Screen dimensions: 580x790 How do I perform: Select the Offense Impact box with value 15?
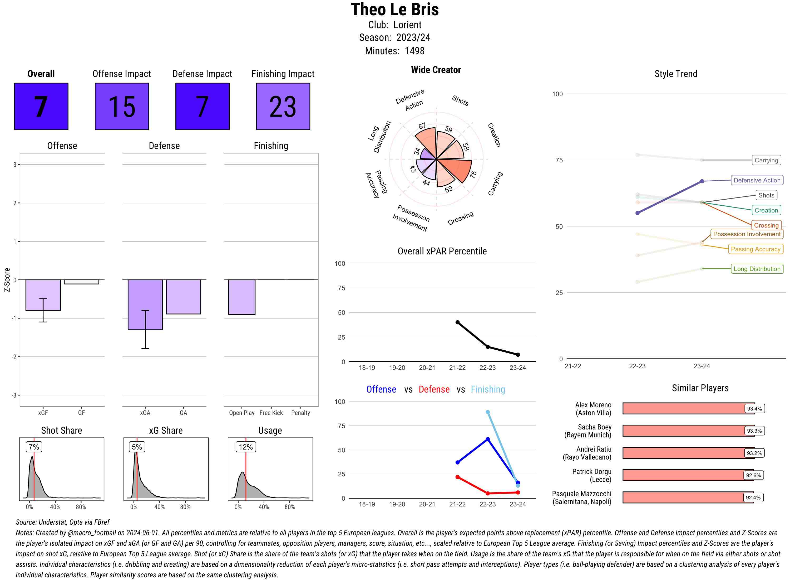[122, 107]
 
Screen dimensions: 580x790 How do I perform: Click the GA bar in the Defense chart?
[183, 297]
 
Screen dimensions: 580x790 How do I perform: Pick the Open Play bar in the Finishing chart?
[241, 297]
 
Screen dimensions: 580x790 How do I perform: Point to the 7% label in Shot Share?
[34, 447]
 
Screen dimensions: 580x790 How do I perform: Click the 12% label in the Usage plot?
[245, 447]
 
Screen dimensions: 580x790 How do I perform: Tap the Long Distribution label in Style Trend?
[757, 269]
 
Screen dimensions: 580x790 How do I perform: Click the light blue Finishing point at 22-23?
[487, 412]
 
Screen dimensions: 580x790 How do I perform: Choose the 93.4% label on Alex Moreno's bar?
[754, 409]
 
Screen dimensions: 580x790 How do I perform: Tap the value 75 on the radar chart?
[473, 174]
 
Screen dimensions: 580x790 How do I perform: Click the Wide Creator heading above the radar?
[436, 70]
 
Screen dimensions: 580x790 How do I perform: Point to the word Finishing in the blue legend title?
[488, 389]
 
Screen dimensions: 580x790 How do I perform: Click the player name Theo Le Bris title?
[395, 9]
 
